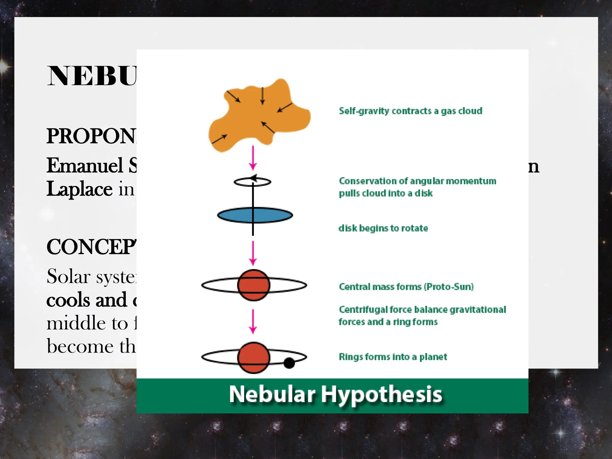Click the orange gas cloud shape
(257, 117)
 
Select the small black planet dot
(289, 363)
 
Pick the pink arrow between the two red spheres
(253, 321)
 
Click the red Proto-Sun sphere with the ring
(254, 285)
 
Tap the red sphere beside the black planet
(254, 357)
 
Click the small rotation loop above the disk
(253, 181)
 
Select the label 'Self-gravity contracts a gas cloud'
(410, 111)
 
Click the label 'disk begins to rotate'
(383, 228)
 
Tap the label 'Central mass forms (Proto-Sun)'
(406, 287)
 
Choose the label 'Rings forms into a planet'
(393, 357)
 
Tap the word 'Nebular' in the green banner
(272, 394)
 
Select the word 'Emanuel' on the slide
(85, 166)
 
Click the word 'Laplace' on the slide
(79, 189)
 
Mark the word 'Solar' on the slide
(69, 276)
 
